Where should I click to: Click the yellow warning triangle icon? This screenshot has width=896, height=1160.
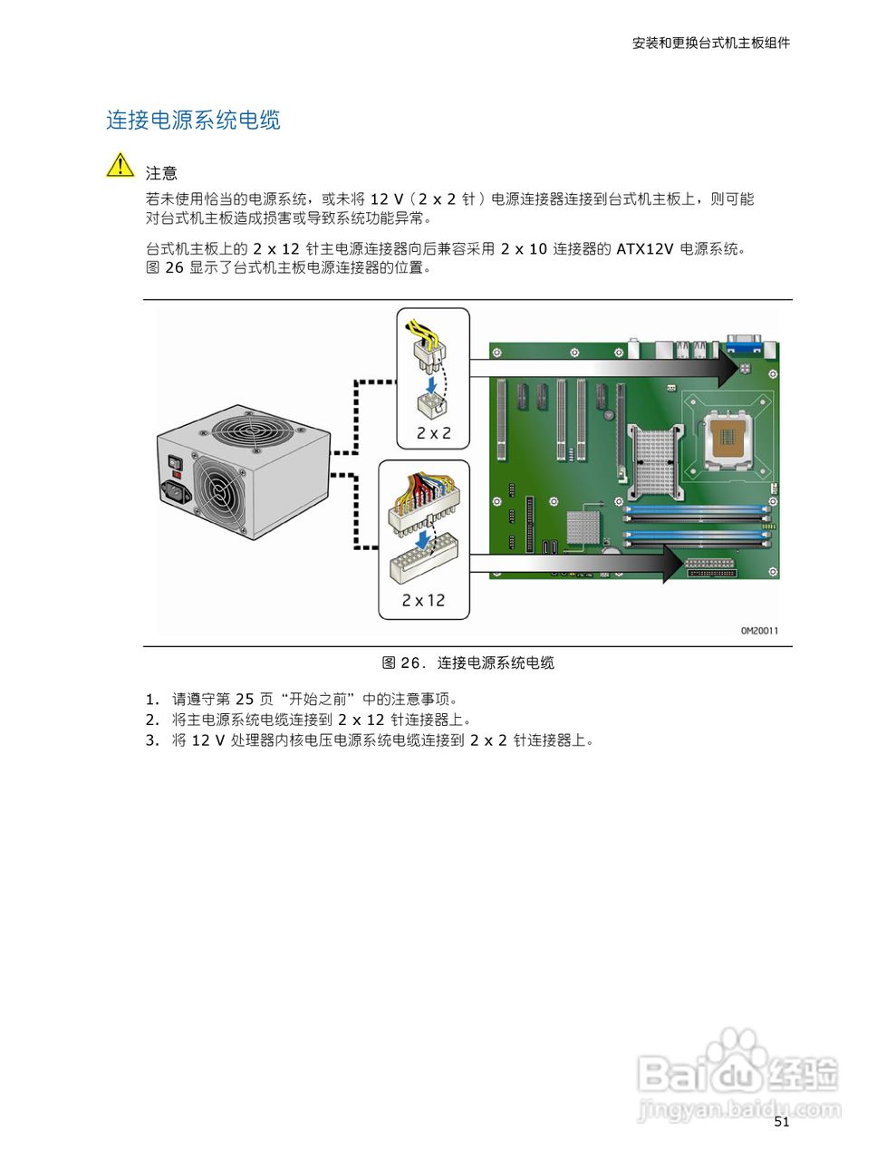coord(120,166)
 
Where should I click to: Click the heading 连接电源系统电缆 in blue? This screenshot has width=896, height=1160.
coord(193,121)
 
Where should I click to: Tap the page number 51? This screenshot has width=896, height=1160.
coord(782,1122)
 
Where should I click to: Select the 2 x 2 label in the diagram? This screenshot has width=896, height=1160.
coord(433,433)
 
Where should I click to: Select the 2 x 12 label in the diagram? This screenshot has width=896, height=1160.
coord(423,600)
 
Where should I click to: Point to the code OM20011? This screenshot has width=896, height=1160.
coord(758,631)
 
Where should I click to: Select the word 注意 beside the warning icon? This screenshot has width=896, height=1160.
coord(161,173)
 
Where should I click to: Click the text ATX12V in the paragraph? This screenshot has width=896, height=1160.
coord(644,248)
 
